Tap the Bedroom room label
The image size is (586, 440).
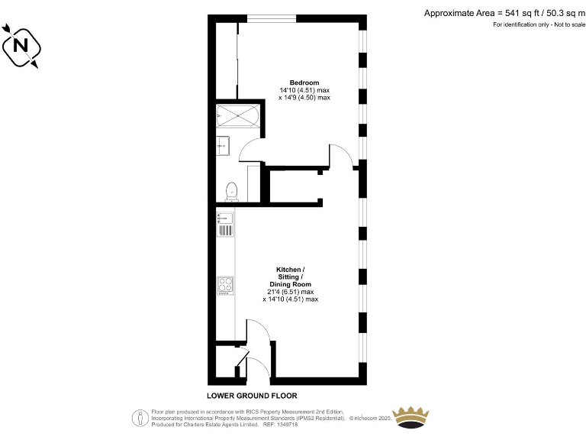coord(304,82)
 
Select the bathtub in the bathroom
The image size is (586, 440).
coord(238,117)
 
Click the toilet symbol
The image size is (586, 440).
coord(232,190)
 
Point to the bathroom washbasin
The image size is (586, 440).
coord(222,144)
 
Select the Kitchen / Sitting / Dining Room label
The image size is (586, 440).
coord(290,277)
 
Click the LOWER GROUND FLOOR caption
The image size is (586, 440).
coord(252,396)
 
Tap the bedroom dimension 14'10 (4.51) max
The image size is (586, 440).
coord(304,90)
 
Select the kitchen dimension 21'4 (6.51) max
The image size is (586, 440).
coord(290,292)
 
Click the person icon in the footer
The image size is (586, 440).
coord(140,417)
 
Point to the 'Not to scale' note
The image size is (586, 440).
coord(565,25)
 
